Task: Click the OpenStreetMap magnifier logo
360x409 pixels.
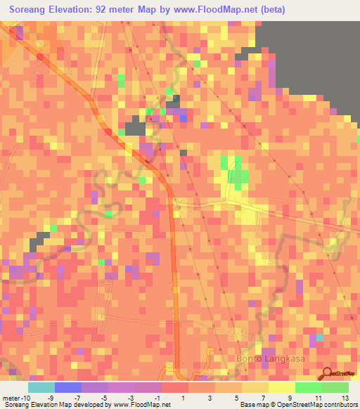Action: (327, 373)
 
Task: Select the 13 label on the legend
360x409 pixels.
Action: (345, 398)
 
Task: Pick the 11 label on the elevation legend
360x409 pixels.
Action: (319, 398)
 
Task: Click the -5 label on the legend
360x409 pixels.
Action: (103, 398)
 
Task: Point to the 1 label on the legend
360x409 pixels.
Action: (184, 398)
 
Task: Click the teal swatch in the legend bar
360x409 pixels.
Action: (41, 387)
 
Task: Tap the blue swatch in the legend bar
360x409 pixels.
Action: (68, 387)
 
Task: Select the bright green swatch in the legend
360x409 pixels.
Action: (309, 387)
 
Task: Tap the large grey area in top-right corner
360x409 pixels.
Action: (309, 56)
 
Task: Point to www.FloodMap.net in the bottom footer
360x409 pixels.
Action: (141, 405)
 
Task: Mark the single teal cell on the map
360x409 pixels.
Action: (320, 338)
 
